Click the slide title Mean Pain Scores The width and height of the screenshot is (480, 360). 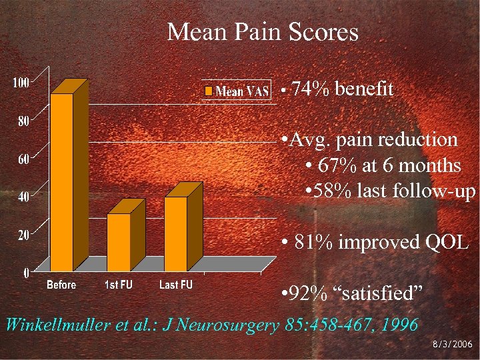(x=263, y=31)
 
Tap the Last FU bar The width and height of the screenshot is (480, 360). (x=176, y=233)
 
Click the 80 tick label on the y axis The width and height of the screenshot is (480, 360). (x=23, y=121)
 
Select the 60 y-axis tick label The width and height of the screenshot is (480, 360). (x=23, y=159)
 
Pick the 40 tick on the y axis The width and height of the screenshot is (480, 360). (x=23, y=197)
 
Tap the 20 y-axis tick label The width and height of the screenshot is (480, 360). (x=23, y=235)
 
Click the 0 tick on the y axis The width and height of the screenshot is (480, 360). (x=26, y=273)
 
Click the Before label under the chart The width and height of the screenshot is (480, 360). (x=61, y=285)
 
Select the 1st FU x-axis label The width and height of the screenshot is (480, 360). (x=119, y=285)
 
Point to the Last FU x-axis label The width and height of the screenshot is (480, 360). (x=176, y=285)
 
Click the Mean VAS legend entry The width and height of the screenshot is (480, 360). (x=236, y=91)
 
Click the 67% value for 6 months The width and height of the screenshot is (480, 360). (x=337, y=165)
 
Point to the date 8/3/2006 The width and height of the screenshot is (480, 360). (x=451, y=345)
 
